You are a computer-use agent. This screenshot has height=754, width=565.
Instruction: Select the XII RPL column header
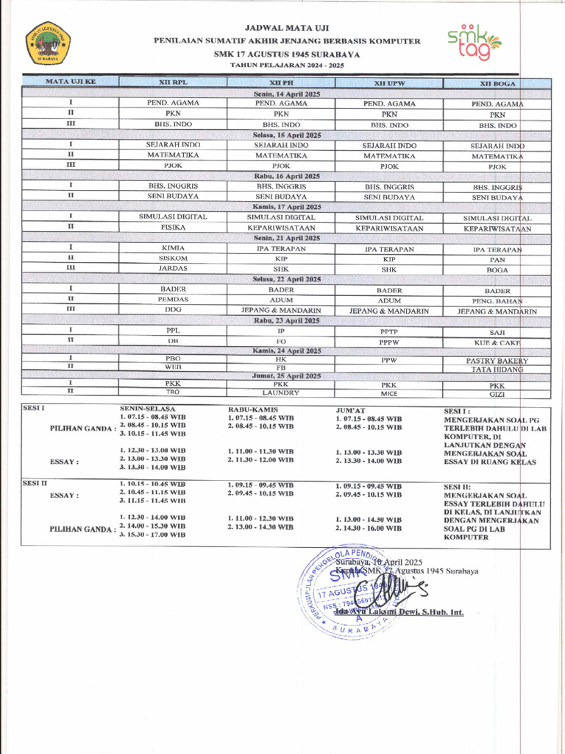[173, 83]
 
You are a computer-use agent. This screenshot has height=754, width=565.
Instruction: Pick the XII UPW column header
[389, 83]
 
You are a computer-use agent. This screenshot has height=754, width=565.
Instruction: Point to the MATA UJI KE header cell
[71, 82]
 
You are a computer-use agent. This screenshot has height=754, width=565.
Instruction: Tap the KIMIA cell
[173, 248]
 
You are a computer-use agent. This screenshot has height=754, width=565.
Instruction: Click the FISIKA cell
[173, 228]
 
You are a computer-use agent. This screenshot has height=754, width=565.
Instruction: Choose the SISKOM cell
[173, 258]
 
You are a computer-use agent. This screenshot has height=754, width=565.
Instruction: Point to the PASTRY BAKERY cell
[497, 361]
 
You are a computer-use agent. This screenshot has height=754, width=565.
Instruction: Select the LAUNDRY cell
[281, 392]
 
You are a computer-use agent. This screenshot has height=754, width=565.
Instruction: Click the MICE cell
[389, 393]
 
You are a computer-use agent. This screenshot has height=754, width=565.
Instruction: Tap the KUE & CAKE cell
[497, 342]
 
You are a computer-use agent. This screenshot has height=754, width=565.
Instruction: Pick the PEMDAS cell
[173, 300]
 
